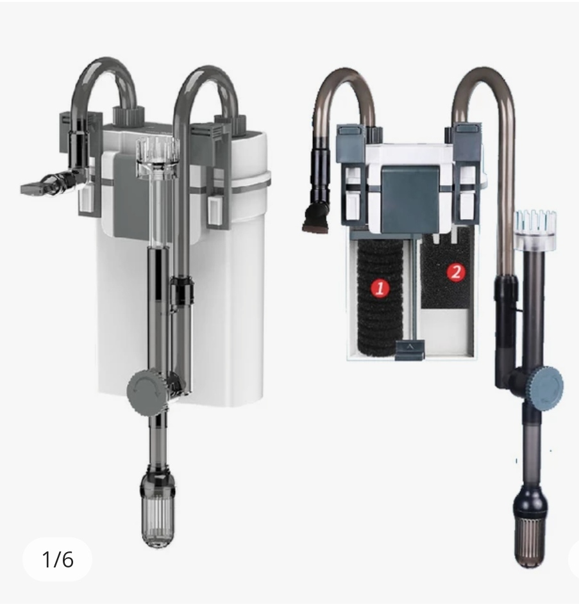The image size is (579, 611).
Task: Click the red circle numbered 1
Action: [x=380, y=288]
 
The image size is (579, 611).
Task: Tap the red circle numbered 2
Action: [x=456, y=272]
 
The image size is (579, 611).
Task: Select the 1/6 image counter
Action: [x=57, y=559]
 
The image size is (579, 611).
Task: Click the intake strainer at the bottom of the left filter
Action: [x=158, y=507]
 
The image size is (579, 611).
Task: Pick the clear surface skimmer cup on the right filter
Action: [x=534, y=230]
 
